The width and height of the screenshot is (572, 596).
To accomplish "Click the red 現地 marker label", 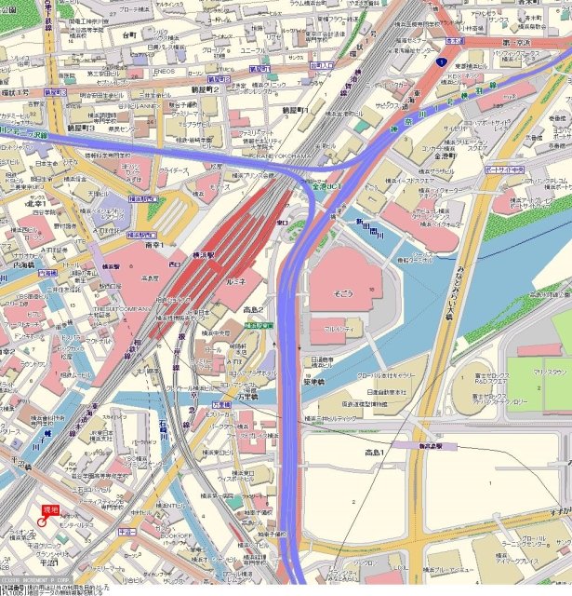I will click(x=50, y=508).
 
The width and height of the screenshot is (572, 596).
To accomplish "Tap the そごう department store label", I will click(x=343, y=291).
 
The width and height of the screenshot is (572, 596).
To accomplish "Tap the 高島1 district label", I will click(x=379, y=453).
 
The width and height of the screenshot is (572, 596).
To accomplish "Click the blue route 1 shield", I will click(x=437, y=61).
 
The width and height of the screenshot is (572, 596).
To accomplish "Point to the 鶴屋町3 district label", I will click(x=81, y=128).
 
